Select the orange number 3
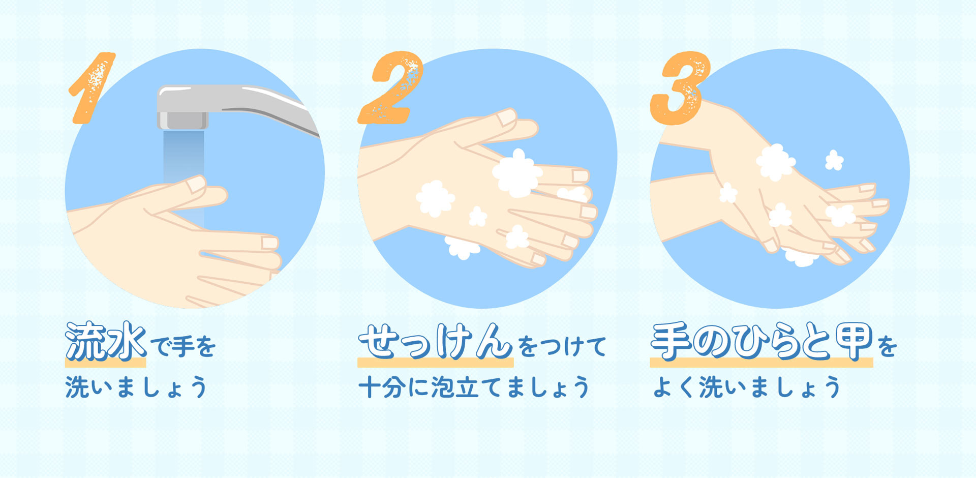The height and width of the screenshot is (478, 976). point(680,87)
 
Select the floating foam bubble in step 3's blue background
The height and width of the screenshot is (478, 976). point(834,161)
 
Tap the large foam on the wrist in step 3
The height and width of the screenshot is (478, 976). point(775,162)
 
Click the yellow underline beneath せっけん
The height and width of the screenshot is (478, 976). point(435,363)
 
